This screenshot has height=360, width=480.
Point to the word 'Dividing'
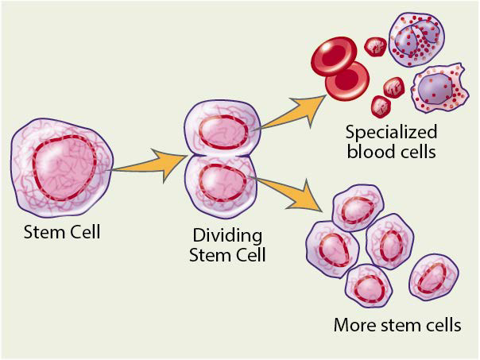(x=227, y=236)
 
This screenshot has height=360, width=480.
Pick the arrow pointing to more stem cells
(x=294, y=194)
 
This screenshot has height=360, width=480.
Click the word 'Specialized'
(x=390, y=134)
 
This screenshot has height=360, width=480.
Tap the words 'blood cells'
(x=390, y=152)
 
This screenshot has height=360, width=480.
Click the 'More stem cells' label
(x=397, y=325)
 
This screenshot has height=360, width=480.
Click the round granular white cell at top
(x=416, y=37)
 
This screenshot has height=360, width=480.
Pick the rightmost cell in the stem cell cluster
(x=433, y=277)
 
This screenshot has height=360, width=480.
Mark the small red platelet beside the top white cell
(x=375, y=46)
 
